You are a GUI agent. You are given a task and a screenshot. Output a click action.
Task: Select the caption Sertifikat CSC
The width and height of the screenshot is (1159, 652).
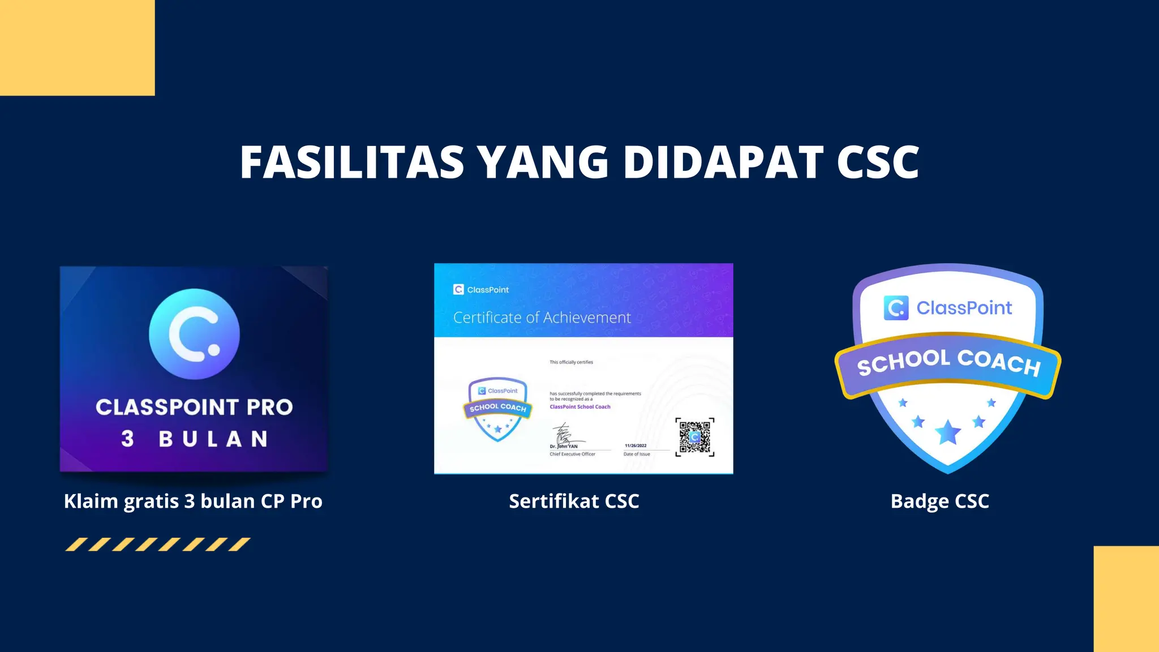click(x=574, y=501)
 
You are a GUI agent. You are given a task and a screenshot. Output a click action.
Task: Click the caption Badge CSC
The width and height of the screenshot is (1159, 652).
click(x=939, y=501)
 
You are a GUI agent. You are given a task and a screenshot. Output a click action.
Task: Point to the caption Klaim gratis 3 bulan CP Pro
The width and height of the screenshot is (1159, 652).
click(x=193, y=501)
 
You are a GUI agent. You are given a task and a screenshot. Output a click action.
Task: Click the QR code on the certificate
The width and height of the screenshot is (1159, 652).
click(x=695, y=437)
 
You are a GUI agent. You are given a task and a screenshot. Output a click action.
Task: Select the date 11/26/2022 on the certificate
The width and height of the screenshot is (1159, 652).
click(x=636, y=445)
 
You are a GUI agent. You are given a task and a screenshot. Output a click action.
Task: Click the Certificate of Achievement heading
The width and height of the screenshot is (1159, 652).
click(x=542, y=318)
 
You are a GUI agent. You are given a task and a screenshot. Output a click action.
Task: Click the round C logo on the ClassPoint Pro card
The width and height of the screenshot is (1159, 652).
click(x=194, y=334)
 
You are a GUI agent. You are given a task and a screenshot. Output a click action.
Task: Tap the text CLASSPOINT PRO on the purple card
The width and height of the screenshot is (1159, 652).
click(x=194, y=407)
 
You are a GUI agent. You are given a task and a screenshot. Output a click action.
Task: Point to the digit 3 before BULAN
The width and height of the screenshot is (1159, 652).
click(x=127, y=439)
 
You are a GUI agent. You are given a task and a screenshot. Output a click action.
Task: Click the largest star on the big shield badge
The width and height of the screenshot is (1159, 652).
click(x=948, y=433)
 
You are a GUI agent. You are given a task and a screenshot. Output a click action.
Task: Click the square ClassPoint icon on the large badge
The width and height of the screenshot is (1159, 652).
click(x=896, y=308)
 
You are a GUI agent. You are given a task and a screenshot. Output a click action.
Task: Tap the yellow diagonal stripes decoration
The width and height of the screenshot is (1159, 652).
click(x=157, y=544)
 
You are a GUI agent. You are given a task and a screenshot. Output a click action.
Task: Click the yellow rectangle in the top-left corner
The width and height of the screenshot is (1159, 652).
click(x=77, y=48)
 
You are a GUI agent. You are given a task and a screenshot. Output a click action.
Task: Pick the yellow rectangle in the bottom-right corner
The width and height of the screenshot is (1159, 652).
click(x=1126, y=599)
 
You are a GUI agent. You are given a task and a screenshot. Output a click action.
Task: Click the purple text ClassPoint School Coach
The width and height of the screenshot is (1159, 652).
click(x=580, y=406)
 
